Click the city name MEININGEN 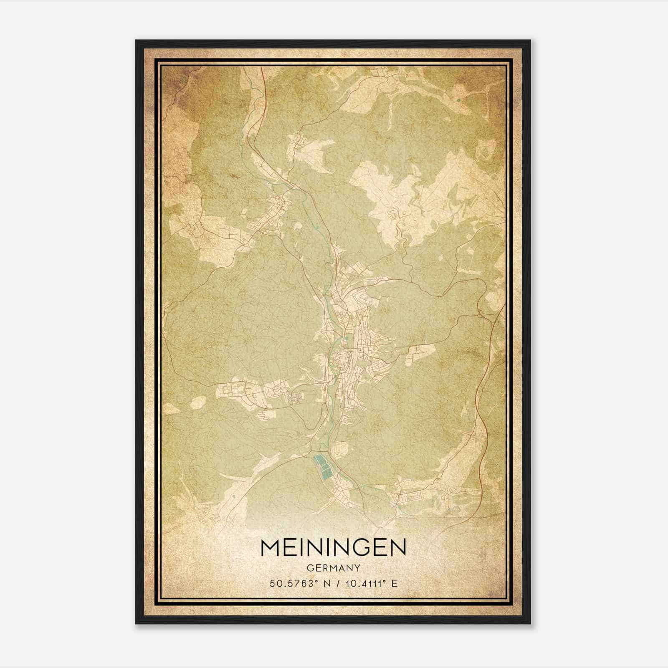pos(333,547)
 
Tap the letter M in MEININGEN pos(271,547)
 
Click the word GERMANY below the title pos(333,568)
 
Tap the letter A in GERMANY pos(340,568)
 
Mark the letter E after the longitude pos(394,584)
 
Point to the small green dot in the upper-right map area pos(459,100)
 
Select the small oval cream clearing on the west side pos(199,402)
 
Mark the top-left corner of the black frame pos(137,41)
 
